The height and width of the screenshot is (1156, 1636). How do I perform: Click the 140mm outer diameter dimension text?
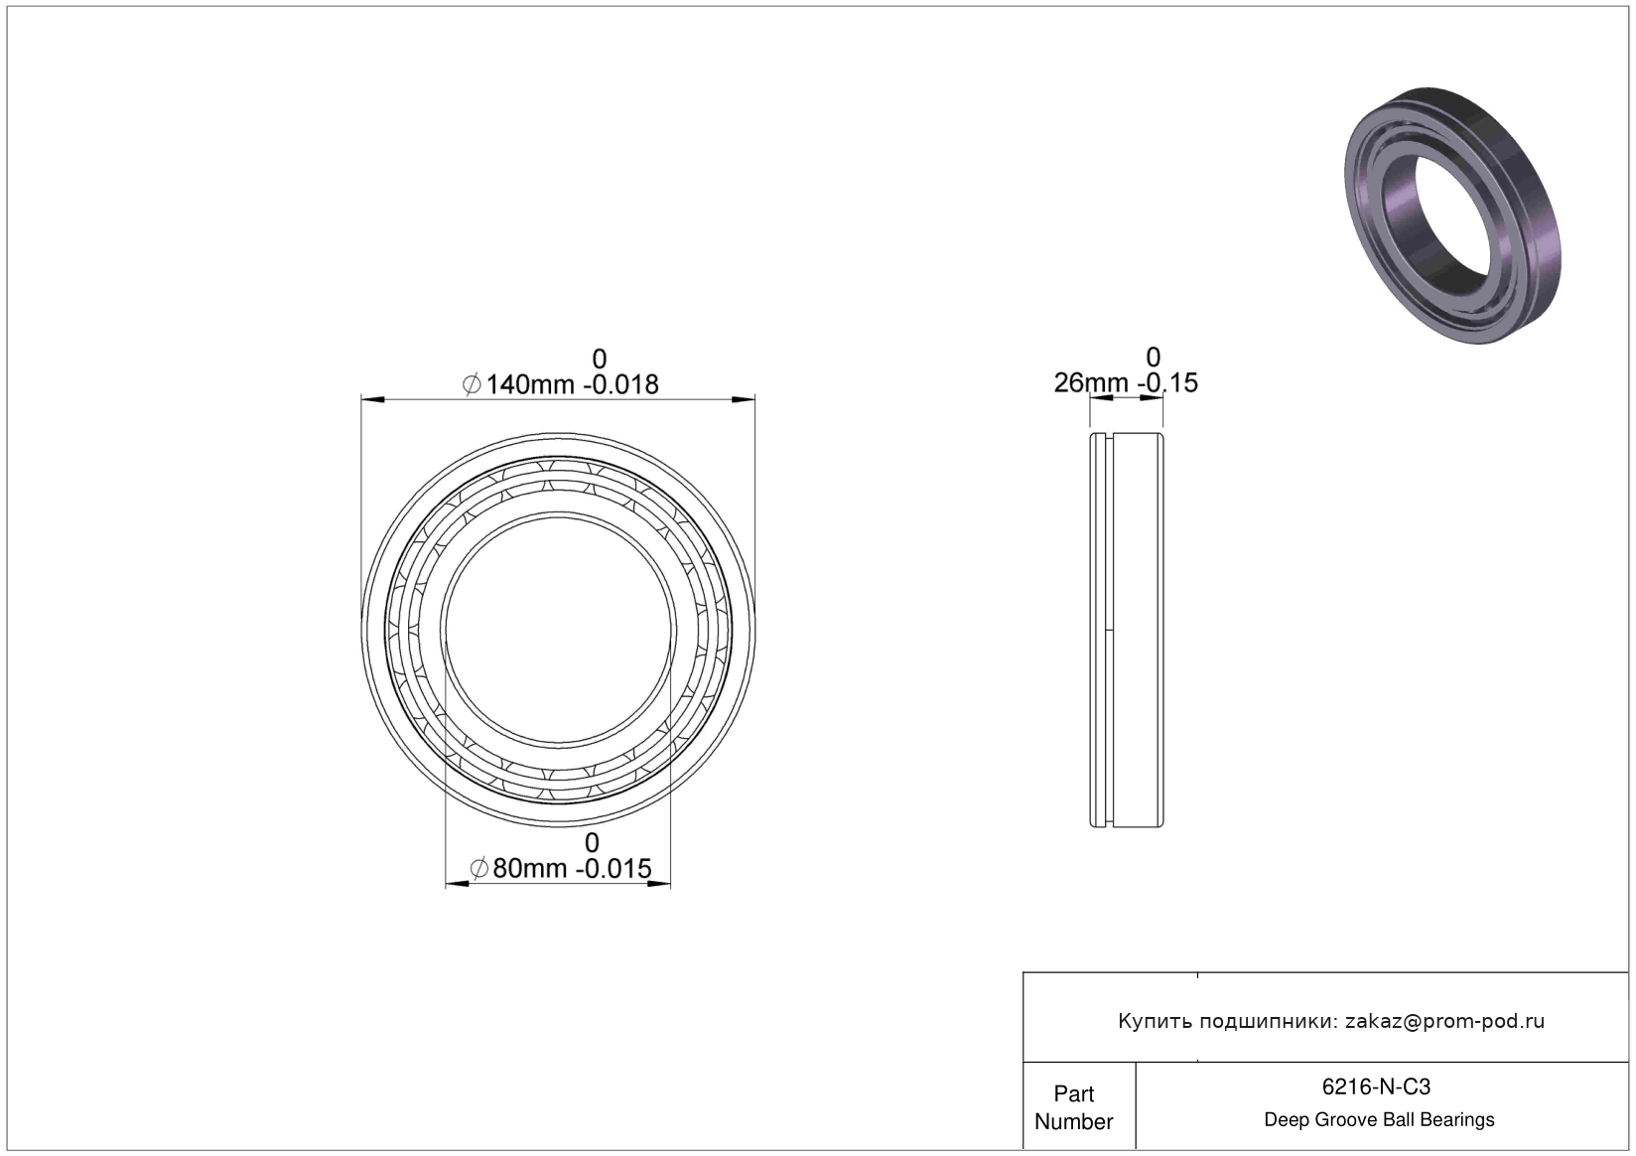(529, 384)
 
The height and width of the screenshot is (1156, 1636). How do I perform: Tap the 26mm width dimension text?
(1090, 382)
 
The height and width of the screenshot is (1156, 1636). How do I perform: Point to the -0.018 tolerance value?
(620, 384)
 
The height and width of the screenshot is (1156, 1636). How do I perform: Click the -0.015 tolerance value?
(613, 868)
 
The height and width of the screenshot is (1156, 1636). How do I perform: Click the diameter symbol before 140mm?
(472, 384)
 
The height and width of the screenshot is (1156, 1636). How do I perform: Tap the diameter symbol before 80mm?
(479, 868)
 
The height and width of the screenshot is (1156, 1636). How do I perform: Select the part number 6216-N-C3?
(1376, 1086)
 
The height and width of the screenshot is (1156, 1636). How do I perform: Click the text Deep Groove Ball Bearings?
(1379, 1119)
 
